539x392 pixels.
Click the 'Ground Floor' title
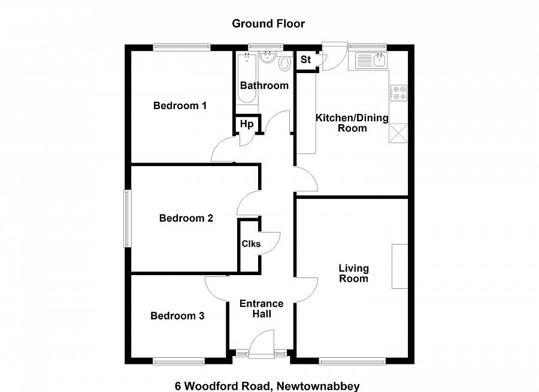pos(268,24)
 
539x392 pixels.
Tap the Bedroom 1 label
pos(180,106)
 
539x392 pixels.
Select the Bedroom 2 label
pos(186,218)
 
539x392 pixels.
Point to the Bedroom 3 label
pos(177,316)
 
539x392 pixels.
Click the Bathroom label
pos(264,85)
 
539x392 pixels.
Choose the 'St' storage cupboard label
pos(305,60)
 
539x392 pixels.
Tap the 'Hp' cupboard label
pos(247,124)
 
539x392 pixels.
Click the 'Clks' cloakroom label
pos(250,244)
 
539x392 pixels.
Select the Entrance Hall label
pos(261,309)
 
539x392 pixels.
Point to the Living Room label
pos(353,273)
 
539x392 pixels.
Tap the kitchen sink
pos(372,59)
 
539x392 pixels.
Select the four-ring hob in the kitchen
pos(398,93)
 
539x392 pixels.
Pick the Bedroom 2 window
pos(127,218)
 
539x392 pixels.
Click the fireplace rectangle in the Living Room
pos(400,266)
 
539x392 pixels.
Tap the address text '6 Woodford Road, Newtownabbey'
pos(267,386)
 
